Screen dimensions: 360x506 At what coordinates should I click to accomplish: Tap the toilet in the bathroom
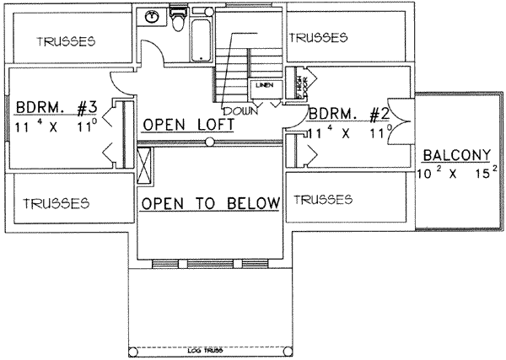(x=177, y=19)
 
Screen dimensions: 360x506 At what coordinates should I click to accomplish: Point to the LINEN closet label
(x=262, y=85)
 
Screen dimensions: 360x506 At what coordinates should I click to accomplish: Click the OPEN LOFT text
(x=187, y=126)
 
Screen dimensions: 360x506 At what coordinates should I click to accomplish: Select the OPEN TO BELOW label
(x=210, y=203)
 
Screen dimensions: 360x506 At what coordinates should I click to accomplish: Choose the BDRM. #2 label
(x=348, y=114)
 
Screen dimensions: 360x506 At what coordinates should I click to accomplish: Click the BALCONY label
(x=456, y=155)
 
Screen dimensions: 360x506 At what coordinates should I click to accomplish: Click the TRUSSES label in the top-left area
(x=66, y=41)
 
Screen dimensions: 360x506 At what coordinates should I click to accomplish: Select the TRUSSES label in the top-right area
(x=318, y=37)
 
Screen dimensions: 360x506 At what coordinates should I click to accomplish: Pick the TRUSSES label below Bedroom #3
(x=57, y=203)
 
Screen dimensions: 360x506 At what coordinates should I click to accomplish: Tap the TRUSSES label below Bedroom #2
(x=320, y=200)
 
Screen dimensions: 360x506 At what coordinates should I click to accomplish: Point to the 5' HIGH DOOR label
(x=299, y=84)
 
